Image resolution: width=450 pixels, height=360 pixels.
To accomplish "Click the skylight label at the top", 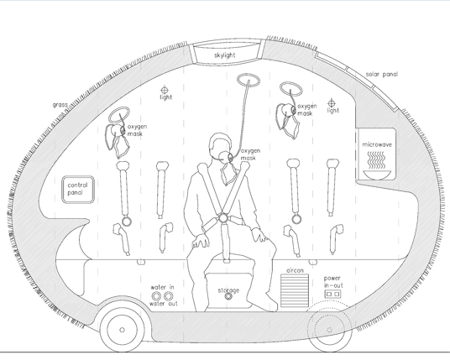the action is click(x=225, y=55).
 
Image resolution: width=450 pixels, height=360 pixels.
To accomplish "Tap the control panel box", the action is click(x=78, y=190).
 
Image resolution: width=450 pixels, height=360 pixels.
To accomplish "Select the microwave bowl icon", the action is click(x=377, y=175).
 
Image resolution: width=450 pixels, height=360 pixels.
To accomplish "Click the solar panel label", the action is click(x=382, y=75).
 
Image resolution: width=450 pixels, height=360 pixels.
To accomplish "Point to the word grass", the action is click(x=60, y=105).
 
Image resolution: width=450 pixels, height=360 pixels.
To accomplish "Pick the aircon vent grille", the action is click(x=295, y=290).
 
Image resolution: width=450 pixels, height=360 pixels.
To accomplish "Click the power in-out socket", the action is click(x=333, y=294).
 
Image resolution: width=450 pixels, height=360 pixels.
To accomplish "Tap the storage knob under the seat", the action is click(x=228, y=296).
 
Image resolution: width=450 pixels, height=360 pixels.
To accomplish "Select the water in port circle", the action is click(x=156, y=295).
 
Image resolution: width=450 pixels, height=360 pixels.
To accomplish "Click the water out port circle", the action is click(x=168, y=295).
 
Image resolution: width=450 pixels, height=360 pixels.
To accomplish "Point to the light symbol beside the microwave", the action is click(x=332, y=103).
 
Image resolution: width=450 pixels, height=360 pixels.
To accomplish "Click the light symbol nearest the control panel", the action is click(x=165, y=90).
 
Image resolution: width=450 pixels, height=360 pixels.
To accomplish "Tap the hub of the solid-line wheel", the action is click(x=122, y=330).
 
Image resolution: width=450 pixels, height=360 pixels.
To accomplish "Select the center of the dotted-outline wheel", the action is click(x=330, y=330).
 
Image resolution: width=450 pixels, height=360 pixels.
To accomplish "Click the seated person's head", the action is click(x=220, y=145).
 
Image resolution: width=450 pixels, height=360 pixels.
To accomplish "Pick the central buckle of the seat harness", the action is click(x=223, y=218).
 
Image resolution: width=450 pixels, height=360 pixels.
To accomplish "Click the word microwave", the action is click(x=377, y=144).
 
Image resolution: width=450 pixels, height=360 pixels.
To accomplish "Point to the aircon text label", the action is click(x=295, y=270).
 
